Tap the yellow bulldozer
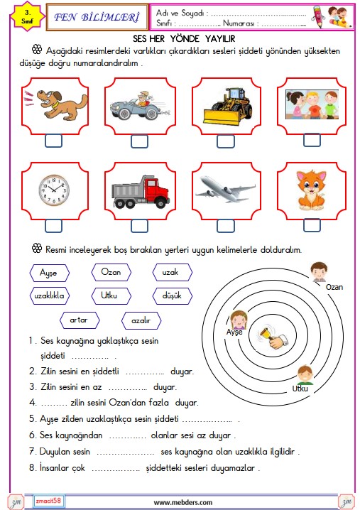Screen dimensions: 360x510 227,107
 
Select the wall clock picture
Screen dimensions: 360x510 54,190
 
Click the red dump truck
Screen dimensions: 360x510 141,192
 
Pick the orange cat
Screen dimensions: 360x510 311,190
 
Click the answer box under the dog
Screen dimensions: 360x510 54,141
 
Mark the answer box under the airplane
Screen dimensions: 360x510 226,226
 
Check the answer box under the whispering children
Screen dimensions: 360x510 312,140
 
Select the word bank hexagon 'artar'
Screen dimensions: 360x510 80,320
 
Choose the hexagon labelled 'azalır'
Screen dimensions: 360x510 141,320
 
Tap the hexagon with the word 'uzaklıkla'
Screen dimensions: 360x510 50,295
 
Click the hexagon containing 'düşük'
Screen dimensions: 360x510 173,296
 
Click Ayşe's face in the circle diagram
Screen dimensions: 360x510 239,320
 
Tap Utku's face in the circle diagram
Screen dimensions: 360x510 305,375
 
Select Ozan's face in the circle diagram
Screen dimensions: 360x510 319,271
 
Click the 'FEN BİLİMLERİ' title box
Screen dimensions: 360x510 97,17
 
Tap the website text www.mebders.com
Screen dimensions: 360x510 183,502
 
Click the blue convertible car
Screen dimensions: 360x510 139,106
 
